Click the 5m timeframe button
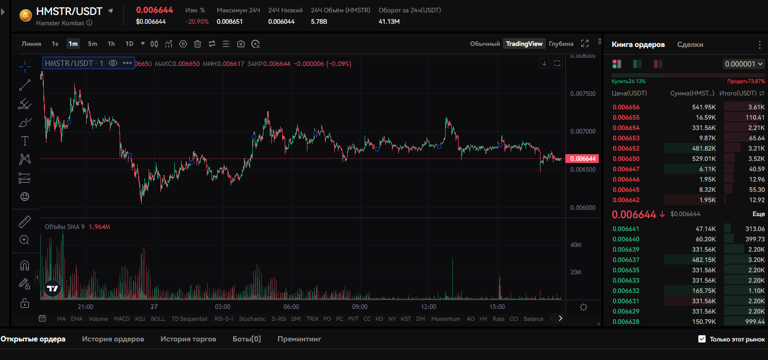click(92, 44)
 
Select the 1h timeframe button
click(111, 44)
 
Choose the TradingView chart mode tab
click(524, 44)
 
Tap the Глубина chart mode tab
click(561, 44)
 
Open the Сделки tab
click(690, 45)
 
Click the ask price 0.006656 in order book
click(626, 107)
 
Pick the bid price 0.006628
click(626, 322)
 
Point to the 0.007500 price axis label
click(583, 94)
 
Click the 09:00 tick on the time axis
click(360, 307)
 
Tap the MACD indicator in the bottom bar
click(122, 319)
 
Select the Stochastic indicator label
click(252, 319)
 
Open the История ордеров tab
click(113, 339)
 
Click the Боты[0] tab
click(247, 339)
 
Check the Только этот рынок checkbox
click(701, 339)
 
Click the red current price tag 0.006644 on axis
click(582, 159)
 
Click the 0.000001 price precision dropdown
click(743, 64)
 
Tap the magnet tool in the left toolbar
click(24, 266)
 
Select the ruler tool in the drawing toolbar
click(24, 222)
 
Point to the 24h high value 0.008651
click(230, 22)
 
